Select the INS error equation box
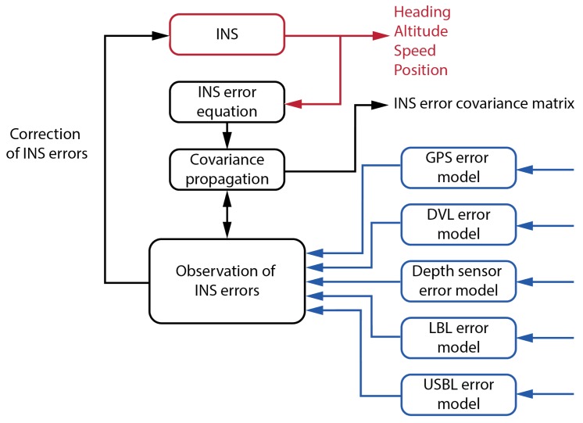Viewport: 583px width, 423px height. coord(226,102)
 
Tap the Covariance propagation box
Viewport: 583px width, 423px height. coord(226,169)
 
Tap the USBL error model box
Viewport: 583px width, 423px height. coord(459,395)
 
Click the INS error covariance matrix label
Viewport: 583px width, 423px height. coord(484,103)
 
